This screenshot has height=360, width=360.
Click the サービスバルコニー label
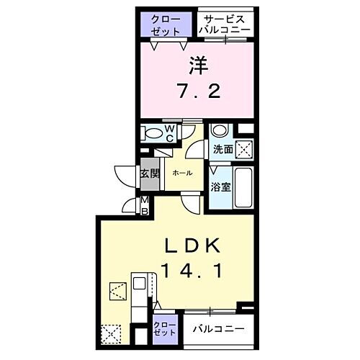click(225, 24)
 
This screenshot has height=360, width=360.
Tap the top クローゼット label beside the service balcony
click(166, 24)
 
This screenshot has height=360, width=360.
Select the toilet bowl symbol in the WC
click(152, 134)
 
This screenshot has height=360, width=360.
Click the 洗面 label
click(222, 150)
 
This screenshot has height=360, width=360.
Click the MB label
click(144, 205)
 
